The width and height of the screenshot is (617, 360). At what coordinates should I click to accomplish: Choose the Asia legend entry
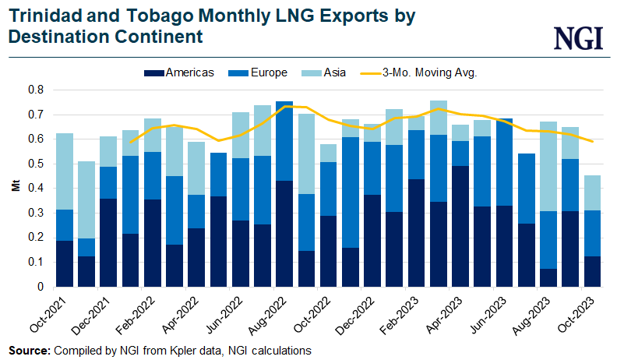pyautogui.click(x=333, y=72)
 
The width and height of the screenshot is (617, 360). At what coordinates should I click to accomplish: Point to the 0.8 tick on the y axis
pyautogui.click(x=36, y=90)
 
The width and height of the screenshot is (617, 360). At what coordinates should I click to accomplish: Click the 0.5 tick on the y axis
pyautogui.click(x=36, y=164)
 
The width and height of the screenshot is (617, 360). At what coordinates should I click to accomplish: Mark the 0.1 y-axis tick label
pyautogui.click(x=36, y=263)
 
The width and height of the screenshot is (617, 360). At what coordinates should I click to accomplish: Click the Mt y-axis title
pyautogui.click(x=13, y=188)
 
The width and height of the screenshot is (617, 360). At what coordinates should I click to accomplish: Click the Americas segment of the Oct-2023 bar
pyautogui.click(x=593, y=271)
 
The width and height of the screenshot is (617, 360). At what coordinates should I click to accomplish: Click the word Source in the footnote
pyautogui.click(x=29, y=351)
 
